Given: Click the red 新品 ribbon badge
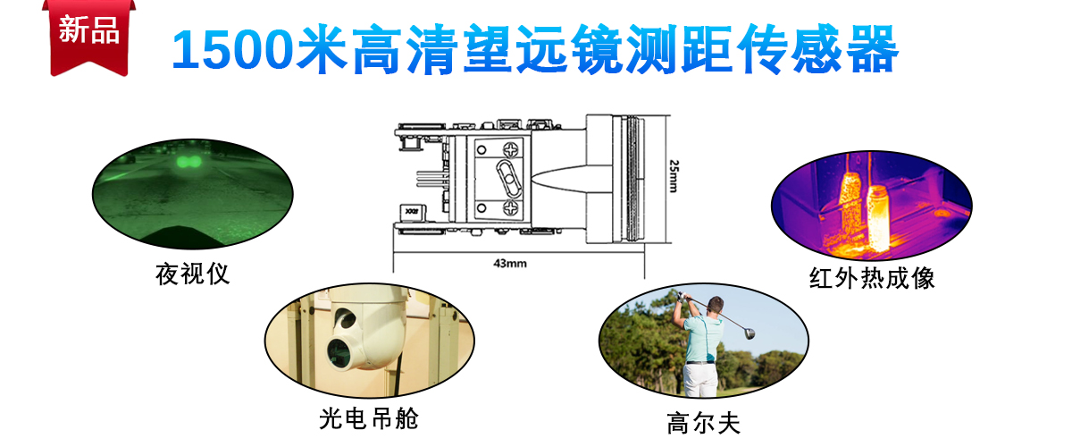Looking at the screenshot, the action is click(x=89, y=38).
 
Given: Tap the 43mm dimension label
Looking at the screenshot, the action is click(x=510, y=263).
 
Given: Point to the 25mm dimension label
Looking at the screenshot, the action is click(x=674, y=176).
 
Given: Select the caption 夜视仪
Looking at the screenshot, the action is click(x=192, y=274).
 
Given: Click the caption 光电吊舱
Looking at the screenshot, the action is click(x=369, y=418).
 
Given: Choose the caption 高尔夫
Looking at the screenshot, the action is click(x=704, y=424).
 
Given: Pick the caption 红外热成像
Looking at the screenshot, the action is click(x=872, y=278).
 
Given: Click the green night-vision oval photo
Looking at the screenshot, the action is click(x=192, y=194).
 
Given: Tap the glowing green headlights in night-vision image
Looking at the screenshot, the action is click(x=188, y=162).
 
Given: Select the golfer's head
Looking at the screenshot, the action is click(x=716, y=306).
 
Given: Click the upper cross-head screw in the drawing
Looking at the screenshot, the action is click(x=511, y=150).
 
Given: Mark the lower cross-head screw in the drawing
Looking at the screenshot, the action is click(x=511, y=208).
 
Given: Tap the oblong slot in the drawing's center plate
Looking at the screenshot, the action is click(x=508, y=179).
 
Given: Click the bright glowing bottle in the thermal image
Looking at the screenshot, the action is click(x=878, y=218).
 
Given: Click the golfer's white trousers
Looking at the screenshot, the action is click(x=700, y=379).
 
